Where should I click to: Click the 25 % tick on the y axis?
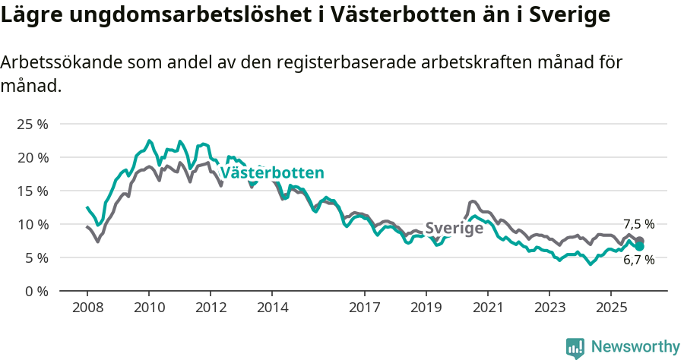(32, 124)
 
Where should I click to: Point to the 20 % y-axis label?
(32, 157)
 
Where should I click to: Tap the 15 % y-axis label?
(32, 191)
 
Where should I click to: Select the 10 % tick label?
(32, 224)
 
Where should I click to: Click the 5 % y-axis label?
(36, 257)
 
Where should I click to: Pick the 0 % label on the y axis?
(36, 291)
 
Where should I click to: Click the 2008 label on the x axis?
(87, 308)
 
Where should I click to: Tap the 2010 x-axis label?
(149, 308)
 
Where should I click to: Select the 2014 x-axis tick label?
(272, 308)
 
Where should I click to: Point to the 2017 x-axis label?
(365, 308)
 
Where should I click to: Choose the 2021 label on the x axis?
(488, 308)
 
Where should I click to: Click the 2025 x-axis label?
(611, 308)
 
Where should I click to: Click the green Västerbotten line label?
(272, 173)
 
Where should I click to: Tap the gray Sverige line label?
(454, 228)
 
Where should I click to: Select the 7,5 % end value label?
(638, 224)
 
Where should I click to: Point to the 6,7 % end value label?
(638, 260)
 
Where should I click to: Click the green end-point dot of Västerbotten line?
(640, 246)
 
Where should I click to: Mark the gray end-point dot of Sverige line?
(640, 240)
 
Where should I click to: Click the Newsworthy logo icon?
(575, 348)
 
